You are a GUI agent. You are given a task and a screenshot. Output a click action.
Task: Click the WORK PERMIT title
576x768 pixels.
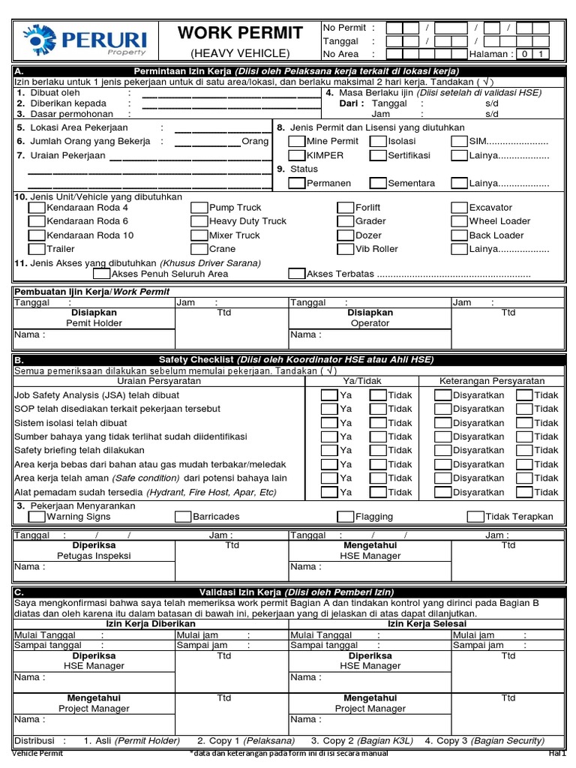[240, 33]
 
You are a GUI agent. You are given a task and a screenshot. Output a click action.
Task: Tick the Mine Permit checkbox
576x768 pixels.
[297, 141]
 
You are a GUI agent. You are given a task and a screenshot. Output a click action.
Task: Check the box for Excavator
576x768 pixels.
[459, 208]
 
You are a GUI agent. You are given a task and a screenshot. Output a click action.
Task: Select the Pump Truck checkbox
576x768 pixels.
[199, 208]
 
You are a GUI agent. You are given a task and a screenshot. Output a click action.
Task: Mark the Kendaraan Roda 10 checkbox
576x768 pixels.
[37, 235]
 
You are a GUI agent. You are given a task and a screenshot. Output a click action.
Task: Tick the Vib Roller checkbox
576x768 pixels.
[345, 249]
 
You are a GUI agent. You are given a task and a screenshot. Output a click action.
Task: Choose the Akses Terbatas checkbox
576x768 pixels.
[297, 274]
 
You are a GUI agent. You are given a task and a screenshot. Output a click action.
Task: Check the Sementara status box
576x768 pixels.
[378, 183]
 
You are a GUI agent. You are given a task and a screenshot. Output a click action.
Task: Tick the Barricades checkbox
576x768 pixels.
[183, 517]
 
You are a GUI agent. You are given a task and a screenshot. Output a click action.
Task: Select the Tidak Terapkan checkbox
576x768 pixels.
[475, 517]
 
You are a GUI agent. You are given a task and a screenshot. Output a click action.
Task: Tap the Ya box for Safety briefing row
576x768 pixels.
[328, 451]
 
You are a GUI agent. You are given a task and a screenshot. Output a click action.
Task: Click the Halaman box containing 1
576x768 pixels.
[541, 54]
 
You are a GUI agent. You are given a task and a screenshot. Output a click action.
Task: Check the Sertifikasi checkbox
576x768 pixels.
[378, 155]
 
